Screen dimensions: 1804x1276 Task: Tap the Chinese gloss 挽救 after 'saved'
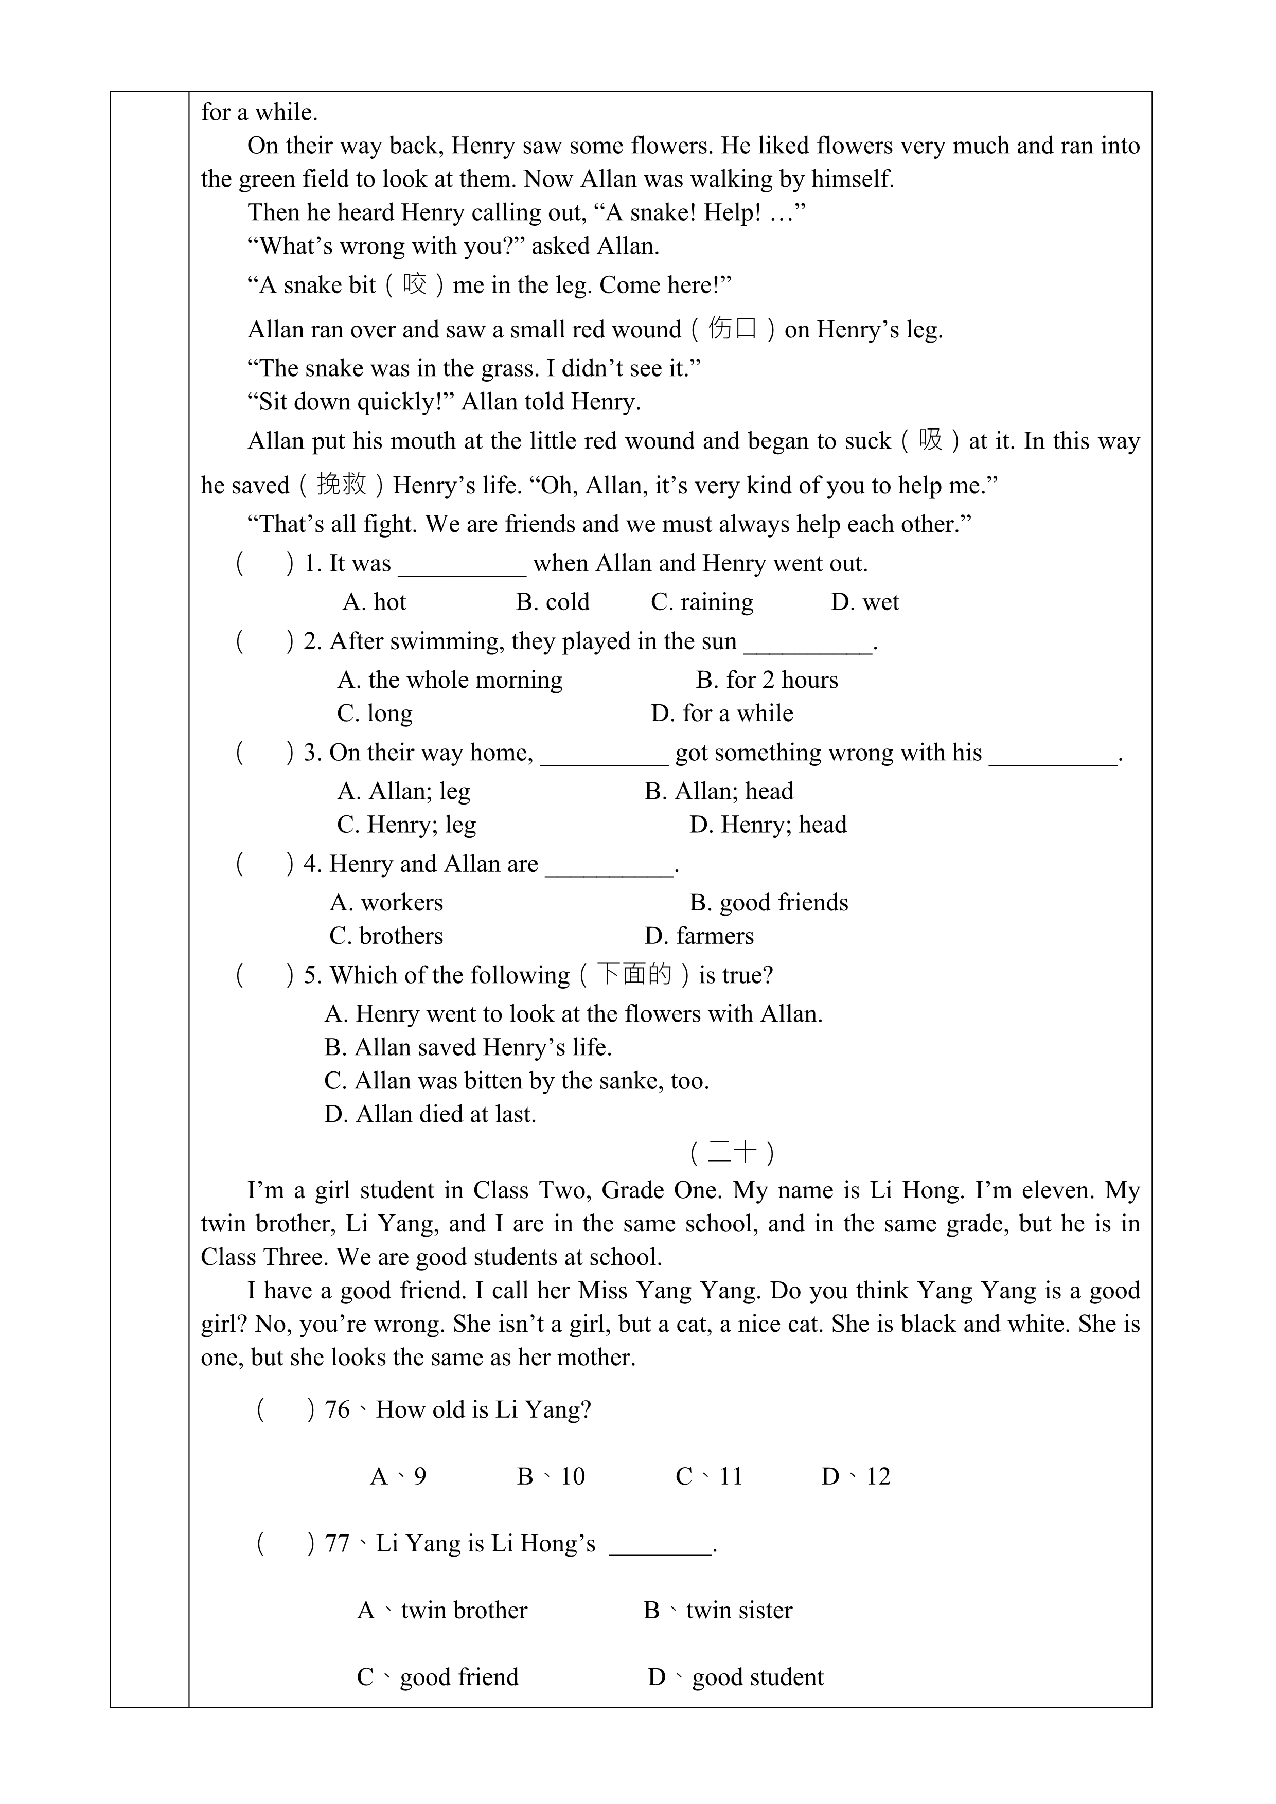tap(342, 485)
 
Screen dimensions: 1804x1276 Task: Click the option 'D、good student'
tap(735, 1677)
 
